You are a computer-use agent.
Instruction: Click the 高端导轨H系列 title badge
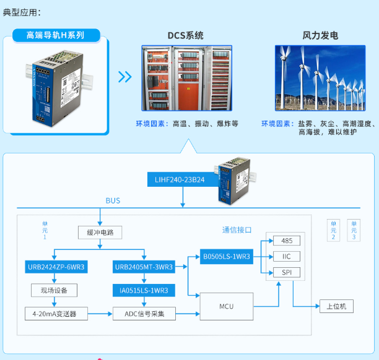pos(56,35)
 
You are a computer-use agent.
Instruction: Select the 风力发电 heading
pos(320,35)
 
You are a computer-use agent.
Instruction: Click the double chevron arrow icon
pos(125,77)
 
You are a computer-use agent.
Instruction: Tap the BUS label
pos(113,200)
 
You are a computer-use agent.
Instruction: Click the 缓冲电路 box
pos(100,233)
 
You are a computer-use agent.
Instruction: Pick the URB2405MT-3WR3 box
pos(144,267)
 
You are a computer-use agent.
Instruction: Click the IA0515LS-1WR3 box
pos(144,289)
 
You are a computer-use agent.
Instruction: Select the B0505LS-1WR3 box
pos(226,256)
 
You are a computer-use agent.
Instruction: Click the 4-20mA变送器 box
pos(55,313)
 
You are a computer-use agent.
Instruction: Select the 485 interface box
pos(286,241)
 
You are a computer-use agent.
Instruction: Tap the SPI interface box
pos(286,272)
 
